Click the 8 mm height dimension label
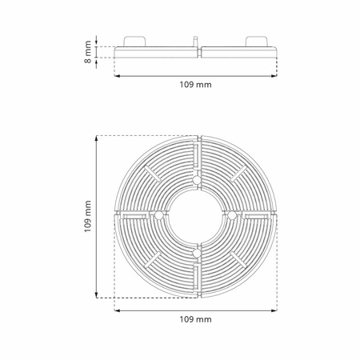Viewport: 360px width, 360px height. click(87, 52)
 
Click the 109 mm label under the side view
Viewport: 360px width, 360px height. click(195, 85)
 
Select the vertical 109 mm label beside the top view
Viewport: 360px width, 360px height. click(87, 217)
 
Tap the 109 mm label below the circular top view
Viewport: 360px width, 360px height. click(195, 319)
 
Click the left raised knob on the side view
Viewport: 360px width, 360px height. click(134, 42)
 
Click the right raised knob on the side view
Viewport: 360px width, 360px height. click(256, 42)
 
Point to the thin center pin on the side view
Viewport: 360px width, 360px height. click(195, 42)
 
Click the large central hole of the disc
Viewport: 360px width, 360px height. click(196, 217)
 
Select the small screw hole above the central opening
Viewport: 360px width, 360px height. click(197, 181)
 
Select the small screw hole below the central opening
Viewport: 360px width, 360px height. click(197, 253)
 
